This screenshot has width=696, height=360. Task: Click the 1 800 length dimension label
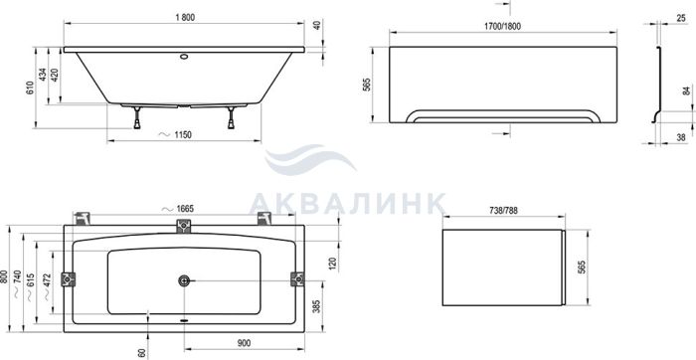185,18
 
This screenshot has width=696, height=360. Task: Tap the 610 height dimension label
29,88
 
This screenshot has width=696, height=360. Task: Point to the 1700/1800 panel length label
502,26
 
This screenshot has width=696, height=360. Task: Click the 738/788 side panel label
503,211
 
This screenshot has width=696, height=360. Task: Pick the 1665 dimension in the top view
185,209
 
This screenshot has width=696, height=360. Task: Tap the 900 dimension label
244,343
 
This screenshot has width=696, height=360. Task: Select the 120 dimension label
333,265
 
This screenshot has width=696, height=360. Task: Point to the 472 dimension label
47,280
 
